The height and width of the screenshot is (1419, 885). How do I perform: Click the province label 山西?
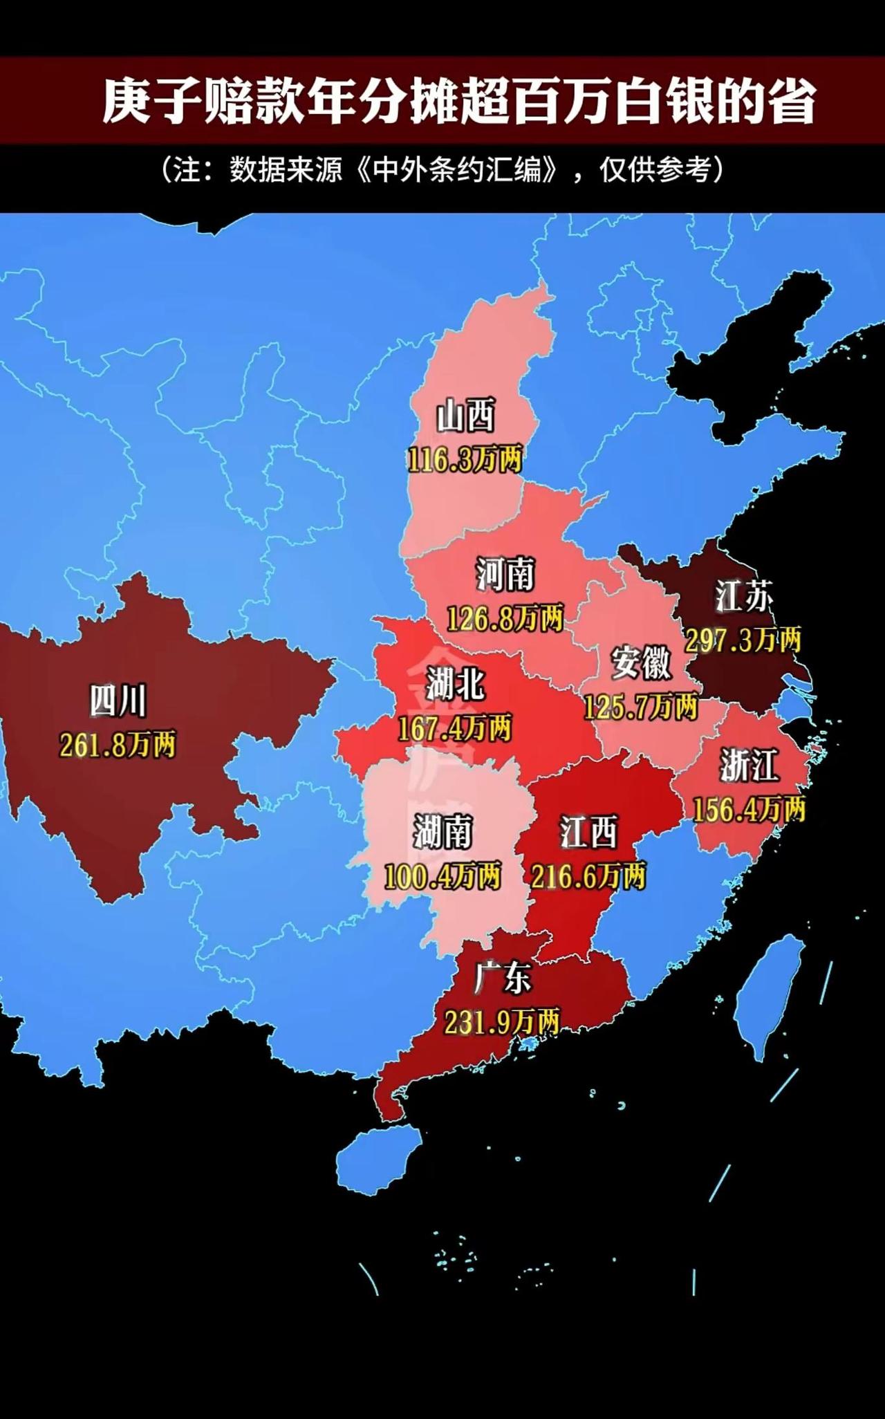point(466,416)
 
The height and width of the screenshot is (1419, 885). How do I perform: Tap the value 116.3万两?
point(465,460)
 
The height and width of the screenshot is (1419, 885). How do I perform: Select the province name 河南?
point(505,575)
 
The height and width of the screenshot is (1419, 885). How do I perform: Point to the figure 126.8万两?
point(505,618)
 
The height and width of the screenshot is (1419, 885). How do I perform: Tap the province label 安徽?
point(641,662)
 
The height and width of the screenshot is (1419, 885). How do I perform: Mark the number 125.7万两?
point(641,707)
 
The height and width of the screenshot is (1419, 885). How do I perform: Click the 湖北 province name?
point(455,685)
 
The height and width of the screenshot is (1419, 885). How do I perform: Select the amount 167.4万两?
point(455,729)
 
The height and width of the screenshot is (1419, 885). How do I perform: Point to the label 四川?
point(118,701)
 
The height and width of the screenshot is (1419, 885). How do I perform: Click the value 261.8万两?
point(118,745)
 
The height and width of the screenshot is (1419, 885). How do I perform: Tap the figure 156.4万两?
point(749,809)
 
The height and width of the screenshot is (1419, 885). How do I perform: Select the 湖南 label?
point(442,832)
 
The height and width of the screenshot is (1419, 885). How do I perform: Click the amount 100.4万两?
point(442,877)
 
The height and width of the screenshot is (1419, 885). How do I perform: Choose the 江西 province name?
point(588,832)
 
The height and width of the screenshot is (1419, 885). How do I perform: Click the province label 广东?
point(503,978)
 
